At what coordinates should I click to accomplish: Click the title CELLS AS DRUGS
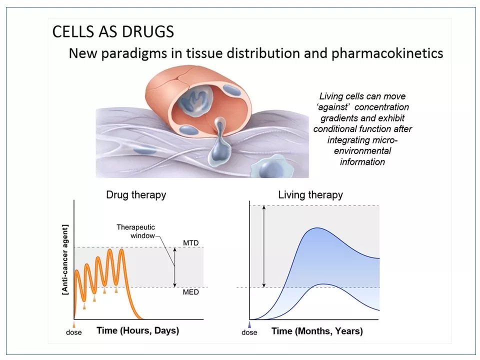click(113, 31)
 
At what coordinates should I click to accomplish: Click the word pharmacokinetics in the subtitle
click(387, 53)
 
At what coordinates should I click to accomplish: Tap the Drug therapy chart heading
click(136, 195)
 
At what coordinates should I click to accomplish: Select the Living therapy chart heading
click(310, 195)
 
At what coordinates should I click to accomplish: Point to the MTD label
click(190, 243)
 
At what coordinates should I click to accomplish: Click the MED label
click(190, 292)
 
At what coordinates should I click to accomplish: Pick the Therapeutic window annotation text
click(135, 231)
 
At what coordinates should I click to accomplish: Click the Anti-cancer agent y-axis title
click(65, 260)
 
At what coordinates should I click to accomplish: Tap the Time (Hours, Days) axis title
click(138, 330)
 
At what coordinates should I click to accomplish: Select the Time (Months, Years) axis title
click(317, 331)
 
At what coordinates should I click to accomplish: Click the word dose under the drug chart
click(74, 332)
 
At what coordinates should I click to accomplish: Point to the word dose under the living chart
click(249, 332)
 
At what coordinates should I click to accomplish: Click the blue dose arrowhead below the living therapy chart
click(249, 324)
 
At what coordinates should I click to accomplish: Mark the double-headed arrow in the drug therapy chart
click(175, 267)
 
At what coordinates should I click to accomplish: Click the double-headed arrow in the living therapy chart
click(264, 246)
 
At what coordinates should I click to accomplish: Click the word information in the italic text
click(362, 162)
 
